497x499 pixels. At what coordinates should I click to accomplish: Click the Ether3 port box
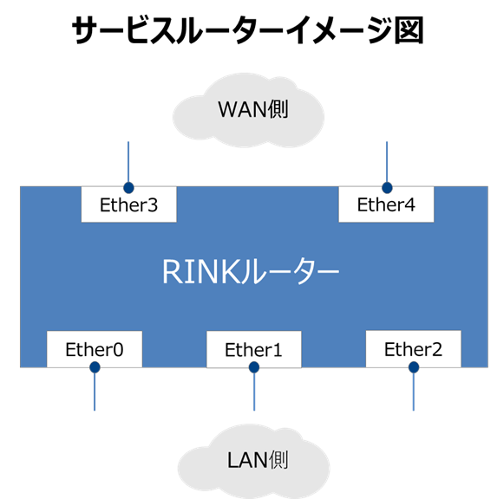click(x=128, y=205)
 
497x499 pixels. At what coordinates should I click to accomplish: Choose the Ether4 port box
click(x=386, y=205)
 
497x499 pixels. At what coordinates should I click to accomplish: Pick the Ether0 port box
click(x=95, y=349)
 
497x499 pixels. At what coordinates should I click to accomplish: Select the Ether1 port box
click(x=254, y=350)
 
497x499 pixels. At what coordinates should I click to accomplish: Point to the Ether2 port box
click(x=413, y=349)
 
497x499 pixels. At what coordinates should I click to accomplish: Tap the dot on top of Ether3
click(x=128, y=186)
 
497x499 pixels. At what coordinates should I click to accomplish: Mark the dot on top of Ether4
click(x=387, y=186)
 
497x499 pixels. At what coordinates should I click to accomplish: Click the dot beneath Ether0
click(x=95, y=367)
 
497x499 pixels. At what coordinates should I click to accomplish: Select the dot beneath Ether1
click(x=254, y=368)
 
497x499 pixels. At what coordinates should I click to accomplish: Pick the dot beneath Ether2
click(x=414, y=367)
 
